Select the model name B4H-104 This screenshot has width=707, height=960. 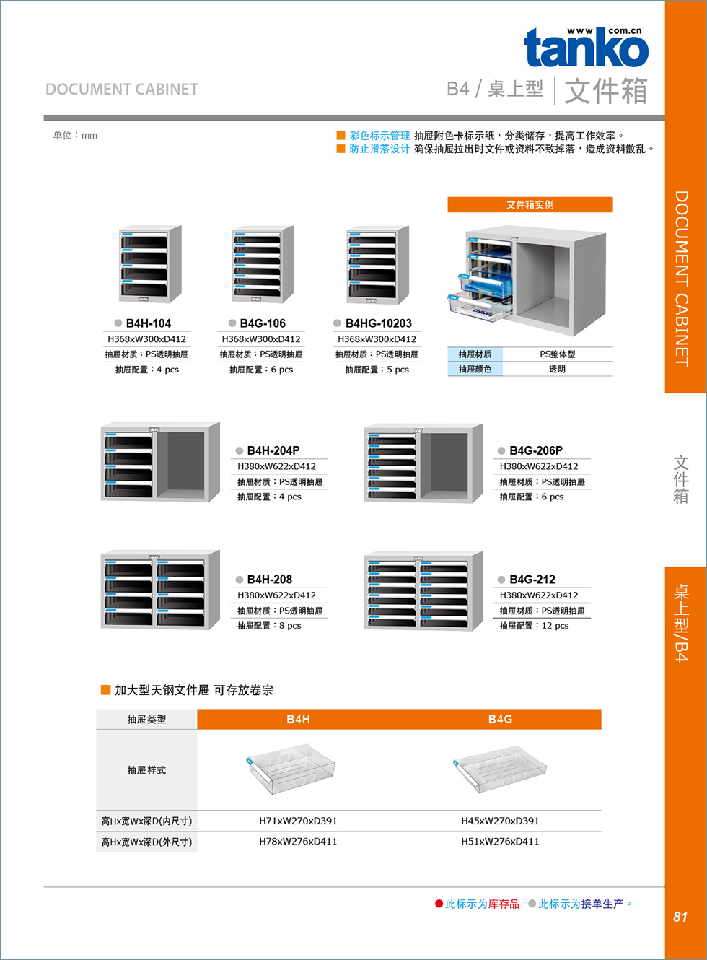(x=148, y=323)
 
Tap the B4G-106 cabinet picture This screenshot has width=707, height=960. (x=262, y=264)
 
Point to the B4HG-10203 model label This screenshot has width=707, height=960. (x=378, y=323)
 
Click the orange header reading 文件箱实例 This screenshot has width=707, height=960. (x=530, y=205)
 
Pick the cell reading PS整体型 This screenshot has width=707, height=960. (x=557, y=354)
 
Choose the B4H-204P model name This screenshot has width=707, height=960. (x=273, y=450)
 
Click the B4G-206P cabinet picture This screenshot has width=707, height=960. (x=423, y=463)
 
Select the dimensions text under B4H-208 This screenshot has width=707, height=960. (x=276, y=595)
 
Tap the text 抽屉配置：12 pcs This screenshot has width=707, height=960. (x=534, y=626)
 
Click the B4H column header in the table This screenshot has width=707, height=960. (x=298, y=720)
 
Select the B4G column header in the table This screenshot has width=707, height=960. (x=500, y=720)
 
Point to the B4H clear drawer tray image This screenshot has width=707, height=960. (x=291, y=769)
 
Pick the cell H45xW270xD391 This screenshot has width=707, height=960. (x=500, y=821)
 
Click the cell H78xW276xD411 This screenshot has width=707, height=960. (x=298, y=842)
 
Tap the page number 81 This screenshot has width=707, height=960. (x=680, y=917)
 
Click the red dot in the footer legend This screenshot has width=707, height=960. (x=439, y=904)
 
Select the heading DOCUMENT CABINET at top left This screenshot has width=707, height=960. (x=122, y=90)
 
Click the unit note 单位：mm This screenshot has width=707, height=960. (x=75, y=136)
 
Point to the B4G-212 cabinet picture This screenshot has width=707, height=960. (x=423, y=591)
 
